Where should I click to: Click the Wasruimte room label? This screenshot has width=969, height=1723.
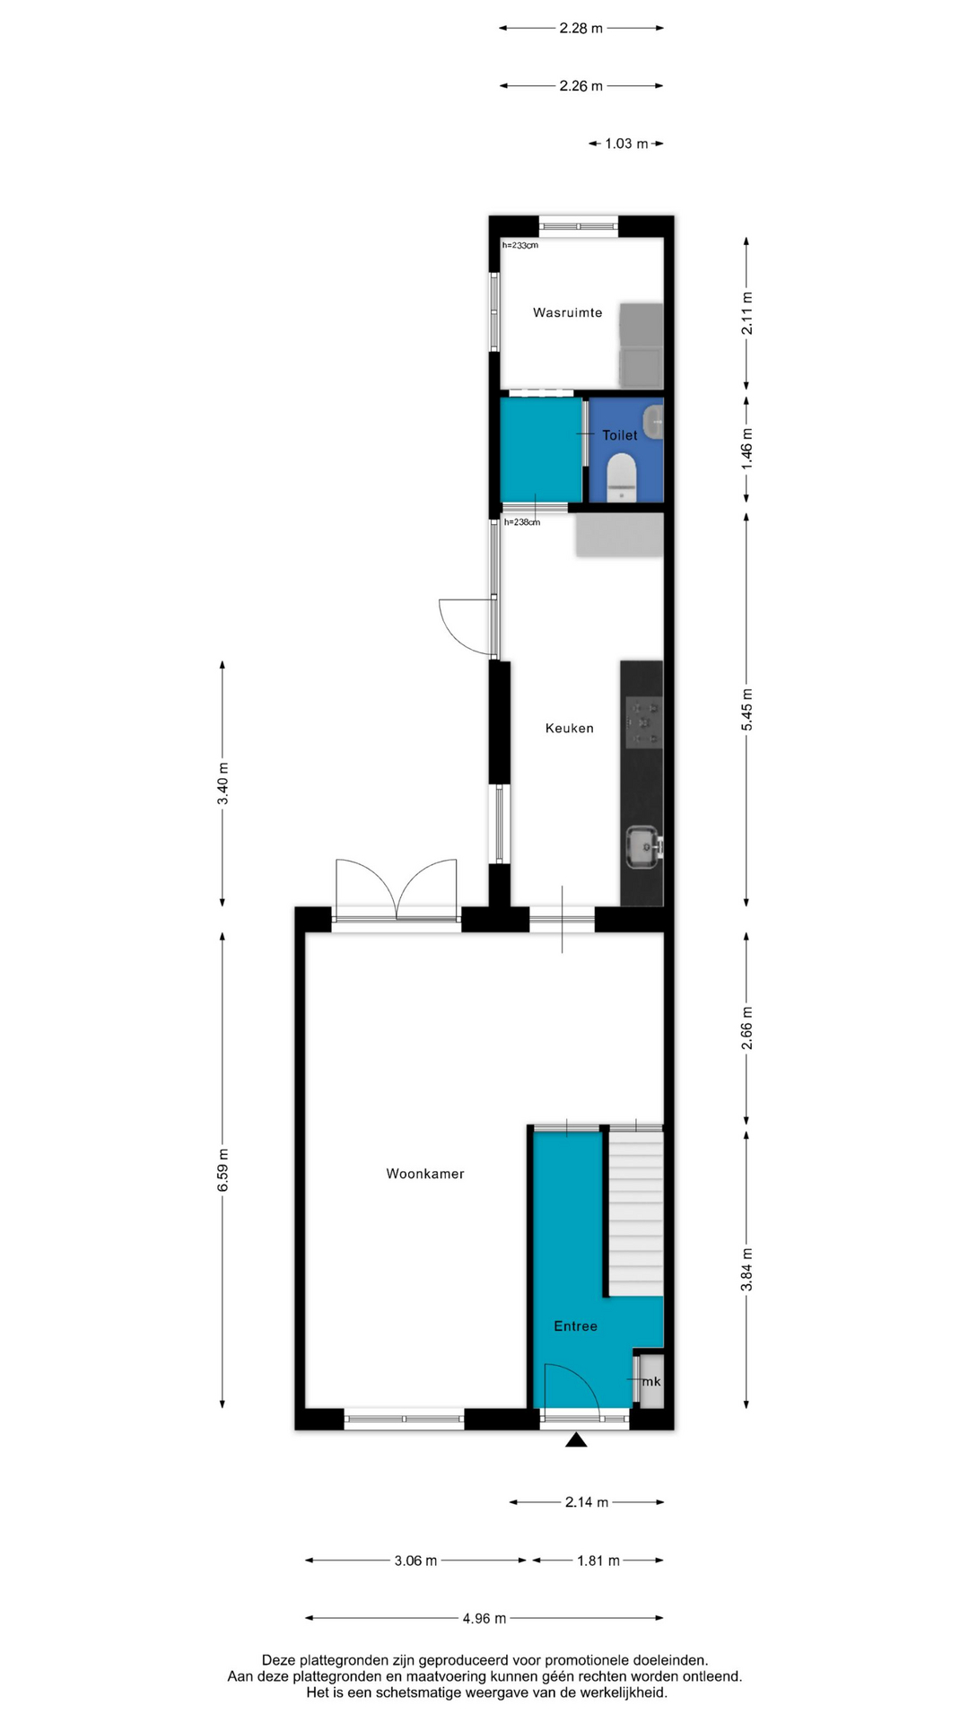coord(567,312)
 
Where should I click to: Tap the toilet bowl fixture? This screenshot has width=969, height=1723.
coord(621,477)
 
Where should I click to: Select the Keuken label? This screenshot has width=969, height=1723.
coord(569,728)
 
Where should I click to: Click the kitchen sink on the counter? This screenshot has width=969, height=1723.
coord(643,848)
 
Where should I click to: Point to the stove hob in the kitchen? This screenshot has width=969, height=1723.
coord(644,722)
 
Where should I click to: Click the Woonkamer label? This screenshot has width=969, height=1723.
coord(425,1173)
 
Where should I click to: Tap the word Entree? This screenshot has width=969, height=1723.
coord(575,1325)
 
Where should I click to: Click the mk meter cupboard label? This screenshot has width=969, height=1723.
coord(651,1381)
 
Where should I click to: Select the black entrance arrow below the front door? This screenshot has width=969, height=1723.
coord(576,1439)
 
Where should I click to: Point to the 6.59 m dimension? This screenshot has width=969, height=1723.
coord(223,1170)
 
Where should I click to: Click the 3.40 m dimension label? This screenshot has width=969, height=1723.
coord(223,783)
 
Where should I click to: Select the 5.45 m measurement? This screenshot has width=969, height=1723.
coord(746,709)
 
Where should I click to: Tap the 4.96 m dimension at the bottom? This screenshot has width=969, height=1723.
coord(484,1618)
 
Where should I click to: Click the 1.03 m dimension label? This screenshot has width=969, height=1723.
coord(626,144)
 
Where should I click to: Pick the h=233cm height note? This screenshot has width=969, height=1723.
coord(520,245)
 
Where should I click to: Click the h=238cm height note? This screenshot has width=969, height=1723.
coord(522,521)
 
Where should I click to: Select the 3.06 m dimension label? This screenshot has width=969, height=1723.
coord(415,1561)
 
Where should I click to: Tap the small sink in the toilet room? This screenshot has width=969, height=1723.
coord(654,421)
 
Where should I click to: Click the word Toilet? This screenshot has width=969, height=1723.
coord(620,435)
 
